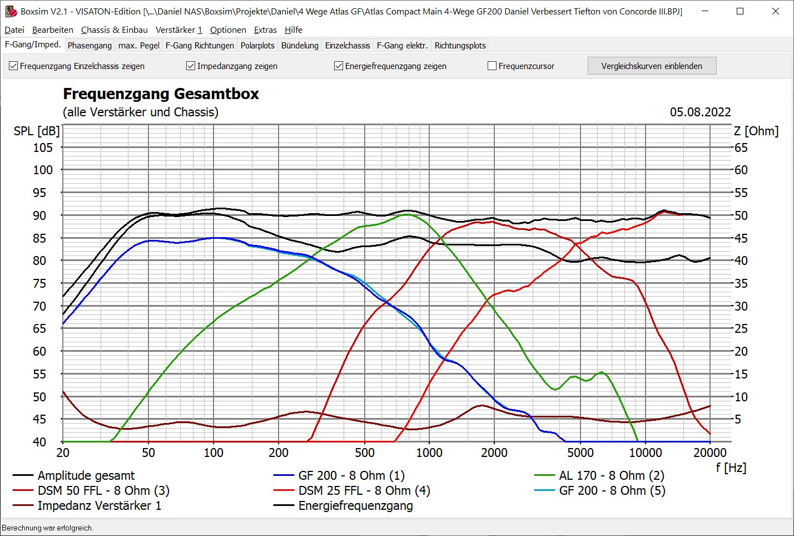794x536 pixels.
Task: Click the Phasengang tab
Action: pos(90,46)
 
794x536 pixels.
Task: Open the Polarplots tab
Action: pos(257,46)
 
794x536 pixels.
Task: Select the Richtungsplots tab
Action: pos(460,46)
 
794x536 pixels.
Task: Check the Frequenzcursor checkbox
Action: pos(492,66)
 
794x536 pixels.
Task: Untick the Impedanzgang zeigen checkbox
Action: pos(191,66)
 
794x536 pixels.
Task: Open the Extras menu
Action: pos(265,30)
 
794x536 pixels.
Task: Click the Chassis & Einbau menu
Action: pos(114,30)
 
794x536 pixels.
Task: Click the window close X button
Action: pos(776,11)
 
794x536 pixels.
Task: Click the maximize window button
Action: pos(740,11)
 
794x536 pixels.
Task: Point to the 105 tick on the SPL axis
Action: pos(43,147)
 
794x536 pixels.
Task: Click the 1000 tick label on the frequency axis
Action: pos(429,453)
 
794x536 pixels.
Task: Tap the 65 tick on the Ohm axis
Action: pos(741,147)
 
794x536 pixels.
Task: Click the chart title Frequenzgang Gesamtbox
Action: pos(161,94)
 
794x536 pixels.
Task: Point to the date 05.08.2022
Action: pos(700,112)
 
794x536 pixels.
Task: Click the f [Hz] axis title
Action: pos(731,468)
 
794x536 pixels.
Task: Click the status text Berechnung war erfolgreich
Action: pos(47,528)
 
